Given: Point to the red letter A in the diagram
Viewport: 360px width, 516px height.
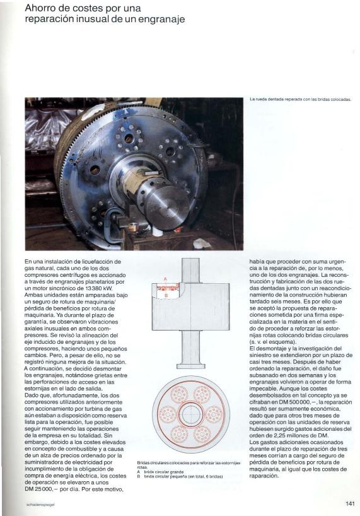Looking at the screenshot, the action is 165,279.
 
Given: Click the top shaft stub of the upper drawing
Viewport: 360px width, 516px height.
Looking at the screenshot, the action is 191,269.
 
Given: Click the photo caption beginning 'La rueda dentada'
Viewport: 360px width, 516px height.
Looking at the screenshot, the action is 300,99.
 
